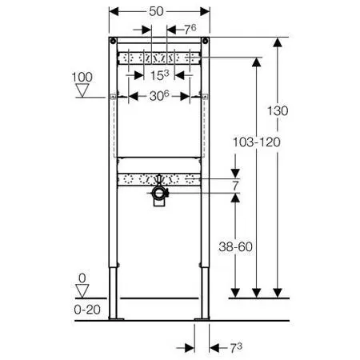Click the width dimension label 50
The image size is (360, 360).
pos(156,11)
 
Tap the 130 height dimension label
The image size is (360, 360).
pos(278,110)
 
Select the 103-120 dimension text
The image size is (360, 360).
pos(257,142)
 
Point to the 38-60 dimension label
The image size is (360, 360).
pos(235,246)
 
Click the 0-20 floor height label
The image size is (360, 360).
pos(87,310)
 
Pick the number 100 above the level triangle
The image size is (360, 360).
pos(82,78)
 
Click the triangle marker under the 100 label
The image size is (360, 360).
pos(82,90)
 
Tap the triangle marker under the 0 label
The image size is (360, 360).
pos(82,291)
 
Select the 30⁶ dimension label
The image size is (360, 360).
pos(159,96)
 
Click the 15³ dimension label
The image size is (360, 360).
pos(159,75)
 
